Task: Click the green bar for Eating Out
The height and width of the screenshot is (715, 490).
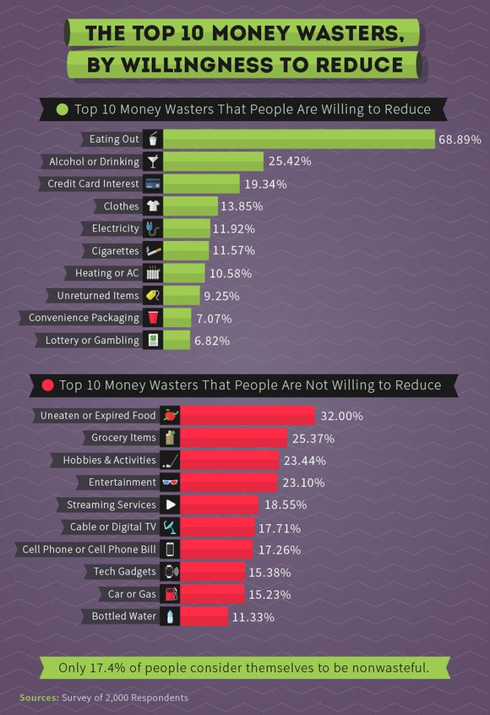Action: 299,139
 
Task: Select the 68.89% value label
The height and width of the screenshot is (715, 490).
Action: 460,139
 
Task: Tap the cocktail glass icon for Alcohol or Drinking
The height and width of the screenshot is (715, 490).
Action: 152,161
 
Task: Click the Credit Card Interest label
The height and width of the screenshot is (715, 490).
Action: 93,183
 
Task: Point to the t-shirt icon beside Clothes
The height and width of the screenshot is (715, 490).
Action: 152,206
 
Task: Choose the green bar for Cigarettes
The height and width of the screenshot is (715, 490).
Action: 186,251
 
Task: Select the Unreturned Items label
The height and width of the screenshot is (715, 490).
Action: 97,296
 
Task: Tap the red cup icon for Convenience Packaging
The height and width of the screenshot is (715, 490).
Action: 152,318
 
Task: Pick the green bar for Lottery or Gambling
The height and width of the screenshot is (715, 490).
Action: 177,341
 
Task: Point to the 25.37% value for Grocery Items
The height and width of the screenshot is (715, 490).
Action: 313,439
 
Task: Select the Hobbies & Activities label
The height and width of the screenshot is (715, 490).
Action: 109,460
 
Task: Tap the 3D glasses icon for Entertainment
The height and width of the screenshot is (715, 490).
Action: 170,482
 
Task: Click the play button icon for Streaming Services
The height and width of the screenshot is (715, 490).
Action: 170,505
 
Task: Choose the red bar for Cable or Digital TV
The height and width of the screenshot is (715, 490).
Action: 217,527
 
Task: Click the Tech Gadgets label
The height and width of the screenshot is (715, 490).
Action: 124,571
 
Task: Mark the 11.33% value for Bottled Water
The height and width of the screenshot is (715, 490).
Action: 253,617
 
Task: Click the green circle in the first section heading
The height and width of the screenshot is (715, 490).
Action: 62,109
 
